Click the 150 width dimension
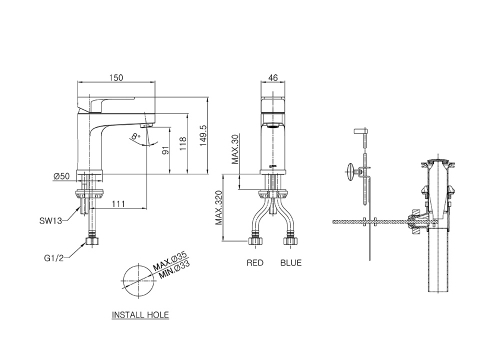pos(116,78)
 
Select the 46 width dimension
pos(273,78)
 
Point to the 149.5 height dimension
pos(203,135)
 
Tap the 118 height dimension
pos(183,143)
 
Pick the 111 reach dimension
pos(118,204)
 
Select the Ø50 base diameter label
pos(62,176)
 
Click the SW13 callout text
pos(51,220)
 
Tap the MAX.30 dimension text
pos(235,149)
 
